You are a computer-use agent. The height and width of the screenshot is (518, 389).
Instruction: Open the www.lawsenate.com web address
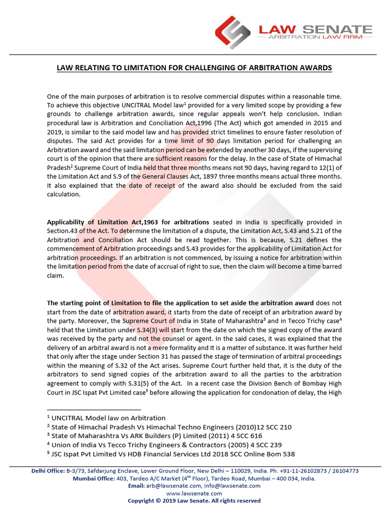tap(194, 493)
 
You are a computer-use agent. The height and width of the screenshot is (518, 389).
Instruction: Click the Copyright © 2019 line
tap(194, 501)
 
